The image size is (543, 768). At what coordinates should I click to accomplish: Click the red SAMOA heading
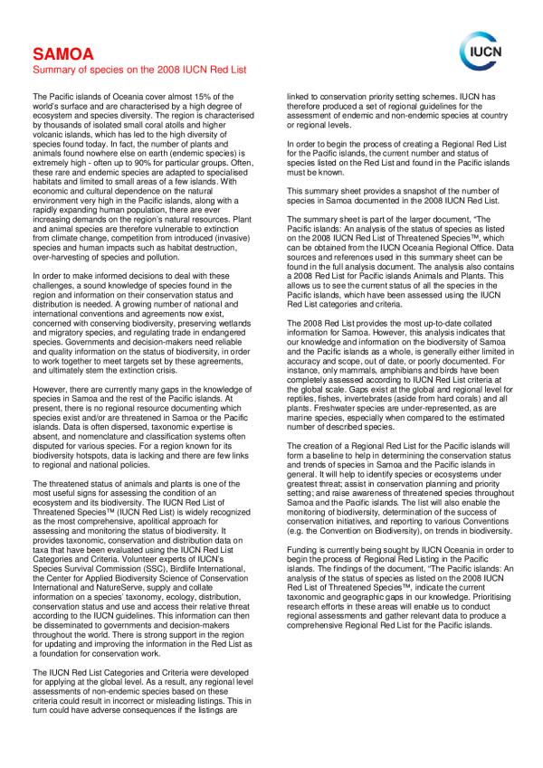point(59,53)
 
